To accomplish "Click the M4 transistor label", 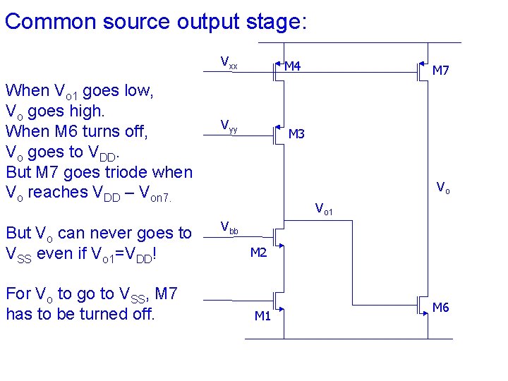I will point(292,66).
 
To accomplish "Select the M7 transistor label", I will point(440,71).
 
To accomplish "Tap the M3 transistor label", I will point(296,134).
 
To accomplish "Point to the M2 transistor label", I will point(259,253).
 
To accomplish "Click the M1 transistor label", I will point(262,316).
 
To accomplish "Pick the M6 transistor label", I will point(440,307).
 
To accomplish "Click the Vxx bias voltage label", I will point(229,62).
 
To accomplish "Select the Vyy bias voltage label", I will point(229,127).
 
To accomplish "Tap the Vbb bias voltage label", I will point(229,227).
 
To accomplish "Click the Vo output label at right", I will point(442,188).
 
